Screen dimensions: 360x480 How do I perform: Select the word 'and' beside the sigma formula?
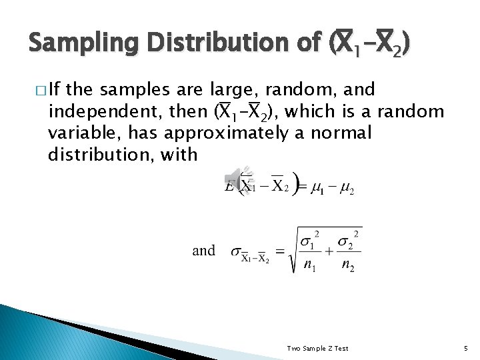[203, 251]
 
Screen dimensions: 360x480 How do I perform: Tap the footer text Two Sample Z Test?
[317, 348]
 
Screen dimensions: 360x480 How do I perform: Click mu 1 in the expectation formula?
[317, 189]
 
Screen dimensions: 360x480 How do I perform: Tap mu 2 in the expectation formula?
[347, 189]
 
